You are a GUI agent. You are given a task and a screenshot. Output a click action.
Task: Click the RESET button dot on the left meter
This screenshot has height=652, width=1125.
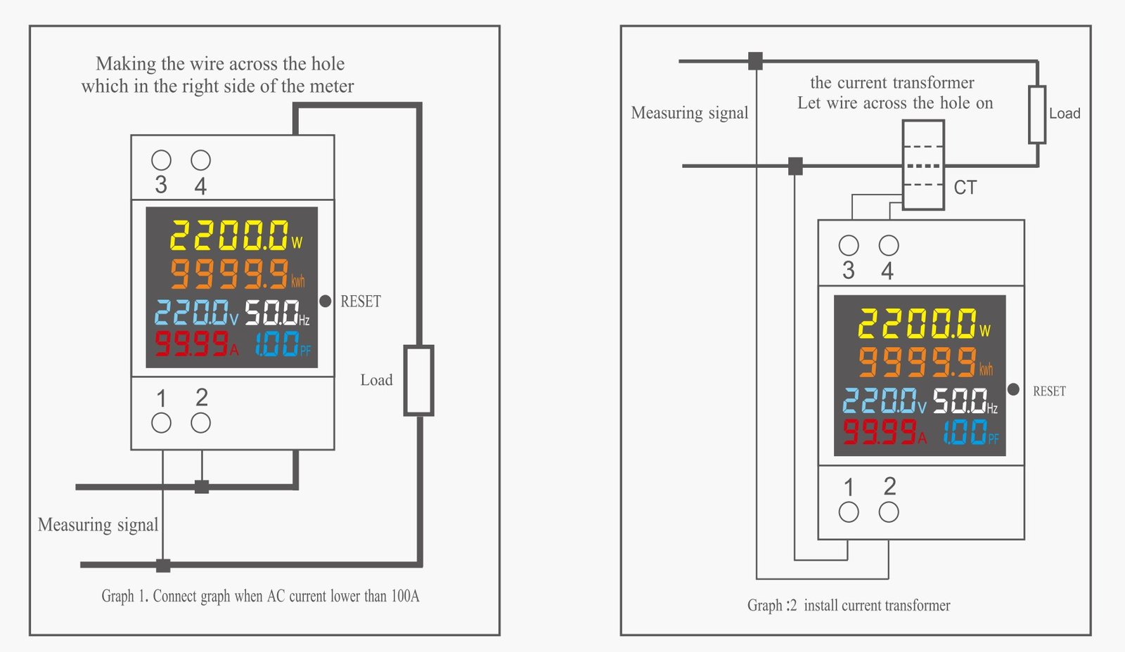click(325, 301)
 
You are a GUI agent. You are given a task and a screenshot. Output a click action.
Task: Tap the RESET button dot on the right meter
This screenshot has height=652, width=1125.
click(1013, 389)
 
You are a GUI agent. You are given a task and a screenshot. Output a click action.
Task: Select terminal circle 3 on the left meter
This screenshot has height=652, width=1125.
click(161, 160)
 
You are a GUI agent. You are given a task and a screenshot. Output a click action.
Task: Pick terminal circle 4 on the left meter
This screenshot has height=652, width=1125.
click(201, 160)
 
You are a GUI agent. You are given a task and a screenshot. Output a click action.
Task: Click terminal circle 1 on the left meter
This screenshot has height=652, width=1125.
click(161, 423)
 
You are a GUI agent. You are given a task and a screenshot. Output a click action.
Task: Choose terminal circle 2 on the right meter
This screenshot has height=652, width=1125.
click(889, 512)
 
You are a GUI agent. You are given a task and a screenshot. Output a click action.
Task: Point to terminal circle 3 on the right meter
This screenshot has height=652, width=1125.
click(849, 245)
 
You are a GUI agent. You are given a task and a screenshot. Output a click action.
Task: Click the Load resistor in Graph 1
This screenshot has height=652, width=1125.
click(418, 380)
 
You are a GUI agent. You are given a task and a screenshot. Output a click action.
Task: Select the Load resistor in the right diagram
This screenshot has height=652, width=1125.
click(1037, 115)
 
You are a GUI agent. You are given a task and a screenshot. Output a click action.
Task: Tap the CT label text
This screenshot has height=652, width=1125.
click(965, 188)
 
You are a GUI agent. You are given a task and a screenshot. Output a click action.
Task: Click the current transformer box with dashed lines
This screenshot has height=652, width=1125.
click(923, 165)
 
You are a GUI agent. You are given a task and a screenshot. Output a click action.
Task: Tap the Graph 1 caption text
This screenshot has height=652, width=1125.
click(260, 596)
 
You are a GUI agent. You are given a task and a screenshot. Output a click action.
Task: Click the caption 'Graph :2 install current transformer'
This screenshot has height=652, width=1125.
click(849, 606)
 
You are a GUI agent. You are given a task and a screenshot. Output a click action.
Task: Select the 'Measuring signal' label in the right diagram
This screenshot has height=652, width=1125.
click(690, 113)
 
